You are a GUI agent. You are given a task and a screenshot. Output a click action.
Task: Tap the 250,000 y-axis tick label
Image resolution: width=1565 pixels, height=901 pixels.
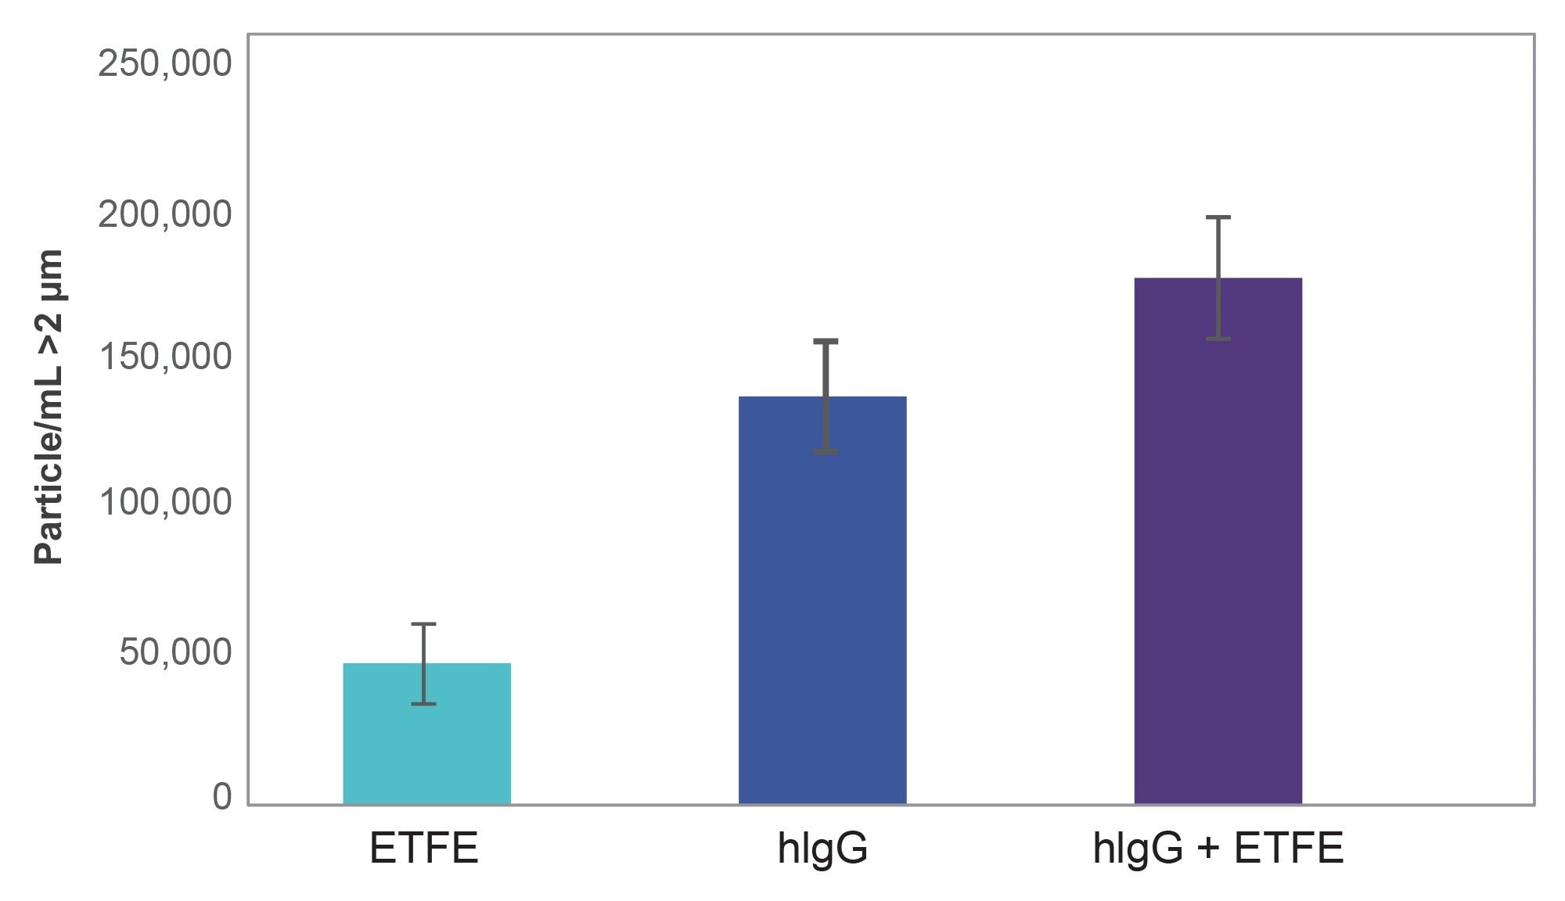164,63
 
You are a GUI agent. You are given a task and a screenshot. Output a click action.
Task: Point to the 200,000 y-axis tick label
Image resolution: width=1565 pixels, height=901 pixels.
164,214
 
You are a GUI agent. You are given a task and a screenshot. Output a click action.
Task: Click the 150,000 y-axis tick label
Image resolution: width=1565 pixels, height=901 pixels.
164,357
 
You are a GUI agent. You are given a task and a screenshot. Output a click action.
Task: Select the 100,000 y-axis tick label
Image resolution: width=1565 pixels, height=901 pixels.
164,501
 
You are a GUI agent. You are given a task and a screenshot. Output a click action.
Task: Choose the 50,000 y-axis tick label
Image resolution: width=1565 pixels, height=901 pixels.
175,652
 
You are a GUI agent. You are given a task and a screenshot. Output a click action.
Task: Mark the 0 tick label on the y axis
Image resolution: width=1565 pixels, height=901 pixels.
222,797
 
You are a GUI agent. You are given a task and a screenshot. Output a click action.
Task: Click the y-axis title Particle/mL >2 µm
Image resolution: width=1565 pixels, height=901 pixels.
49,407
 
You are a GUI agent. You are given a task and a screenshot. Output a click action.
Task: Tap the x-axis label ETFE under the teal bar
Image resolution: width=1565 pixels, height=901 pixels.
423,849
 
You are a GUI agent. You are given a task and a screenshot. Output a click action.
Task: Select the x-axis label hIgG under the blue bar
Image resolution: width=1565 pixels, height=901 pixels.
822,849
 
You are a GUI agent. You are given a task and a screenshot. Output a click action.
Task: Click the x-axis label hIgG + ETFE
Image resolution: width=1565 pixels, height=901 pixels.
1218,849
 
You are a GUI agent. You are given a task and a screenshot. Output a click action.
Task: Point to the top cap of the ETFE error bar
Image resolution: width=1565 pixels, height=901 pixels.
423,624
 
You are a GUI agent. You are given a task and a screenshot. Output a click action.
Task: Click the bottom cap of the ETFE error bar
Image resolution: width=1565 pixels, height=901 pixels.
423,704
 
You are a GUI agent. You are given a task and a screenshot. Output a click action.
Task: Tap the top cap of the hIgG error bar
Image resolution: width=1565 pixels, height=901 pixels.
826,341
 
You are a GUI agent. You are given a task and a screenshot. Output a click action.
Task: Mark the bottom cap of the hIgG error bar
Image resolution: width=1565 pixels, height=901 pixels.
826,451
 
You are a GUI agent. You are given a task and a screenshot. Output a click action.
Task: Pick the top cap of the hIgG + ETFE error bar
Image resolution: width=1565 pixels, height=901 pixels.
1218,217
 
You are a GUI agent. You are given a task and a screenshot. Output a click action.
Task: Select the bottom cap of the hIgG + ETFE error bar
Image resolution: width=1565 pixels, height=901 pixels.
1218,339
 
